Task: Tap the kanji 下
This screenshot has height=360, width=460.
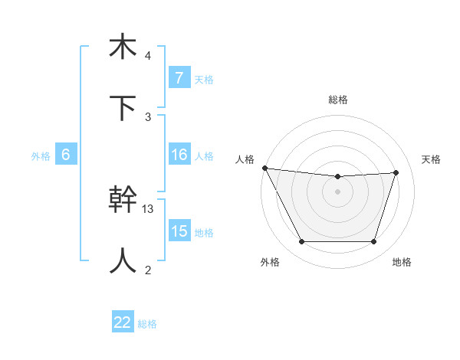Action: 123,107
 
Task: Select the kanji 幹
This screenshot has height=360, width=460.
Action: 123,200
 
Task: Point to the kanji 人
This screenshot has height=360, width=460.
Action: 123,260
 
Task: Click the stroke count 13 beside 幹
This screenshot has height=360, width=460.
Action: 149,208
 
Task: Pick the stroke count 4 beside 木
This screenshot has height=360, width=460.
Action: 148,56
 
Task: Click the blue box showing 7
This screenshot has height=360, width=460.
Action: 179,77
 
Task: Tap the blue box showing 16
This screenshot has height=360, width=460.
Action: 179,155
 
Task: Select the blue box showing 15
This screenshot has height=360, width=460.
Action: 179,231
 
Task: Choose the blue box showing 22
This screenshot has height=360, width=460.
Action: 123,323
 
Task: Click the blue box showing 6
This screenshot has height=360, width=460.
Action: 66,155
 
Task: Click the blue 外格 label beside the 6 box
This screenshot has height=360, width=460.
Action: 41,155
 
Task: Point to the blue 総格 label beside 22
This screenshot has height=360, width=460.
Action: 147,324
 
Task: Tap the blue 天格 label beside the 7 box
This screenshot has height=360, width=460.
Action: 203,79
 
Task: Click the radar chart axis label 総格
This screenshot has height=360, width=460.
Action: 338,100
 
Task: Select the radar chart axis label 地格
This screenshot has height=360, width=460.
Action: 402,263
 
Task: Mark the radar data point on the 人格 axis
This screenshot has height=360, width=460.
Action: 264,168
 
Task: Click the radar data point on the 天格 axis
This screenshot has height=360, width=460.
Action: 396,172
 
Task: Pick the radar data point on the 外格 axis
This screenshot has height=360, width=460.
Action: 301,242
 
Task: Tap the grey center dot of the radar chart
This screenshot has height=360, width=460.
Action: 337,191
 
